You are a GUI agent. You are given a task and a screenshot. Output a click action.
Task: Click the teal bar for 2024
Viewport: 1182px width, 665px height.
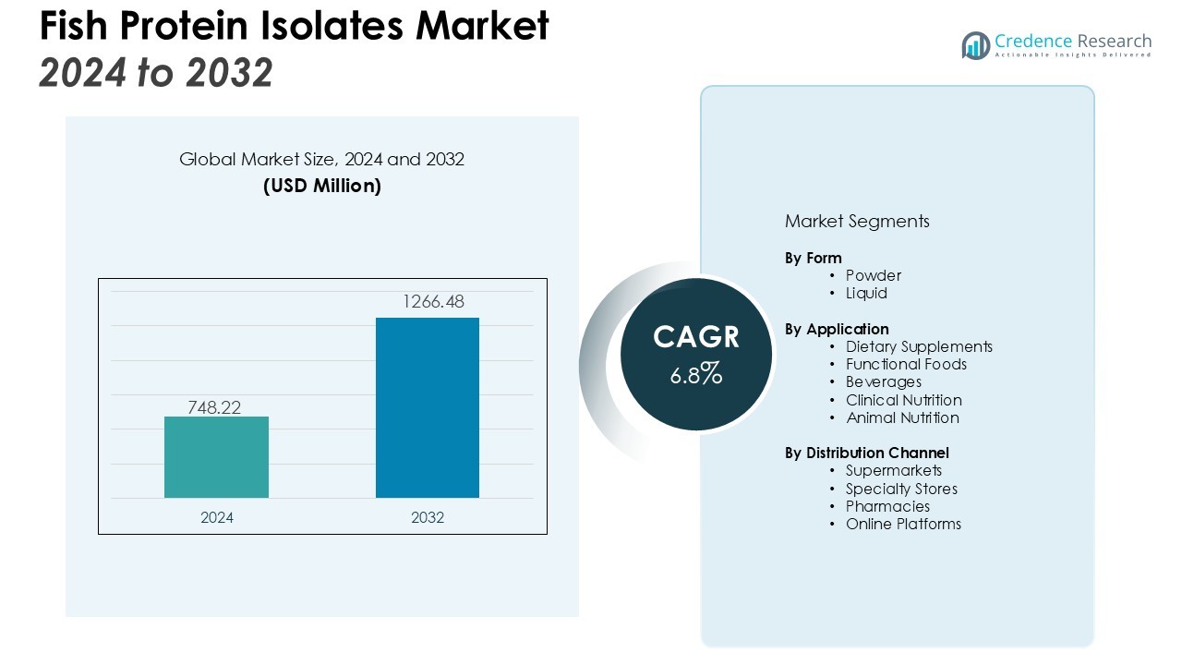pyautogui.click(x=216, y=457)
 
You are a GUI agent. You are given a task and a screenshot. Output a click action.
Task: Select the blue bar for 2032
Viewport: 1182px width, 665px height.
pyautogui.click(x=427, y=407)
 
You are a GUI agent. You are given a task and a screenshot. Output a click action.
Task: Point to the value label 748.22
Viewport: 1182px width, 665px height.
pyautogui.click(x=214, y=407)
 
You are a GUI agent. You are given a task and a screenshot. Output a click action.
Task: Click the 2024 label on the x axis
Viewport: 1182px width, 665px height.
pyautogui.click(x=217, y=518)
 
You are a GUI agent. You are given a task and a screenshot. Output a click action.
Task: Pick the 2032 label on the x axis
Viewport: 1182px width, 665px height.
pyautogui.click(x=428, y=518)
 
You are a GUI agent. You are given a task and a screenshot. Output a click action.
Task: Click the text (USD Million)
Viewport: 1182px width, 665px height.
pyautogui.click(x=321, y=186)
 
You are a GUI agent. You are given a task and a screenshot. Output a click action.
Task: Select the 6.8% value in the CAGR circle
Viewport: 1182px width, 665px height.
pyautogui.click(x=696, y=374)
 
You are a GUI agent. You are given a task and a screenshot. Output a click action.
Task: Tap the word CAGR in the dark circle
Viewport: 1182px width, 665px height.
pyautogui.click(x=696, y=337)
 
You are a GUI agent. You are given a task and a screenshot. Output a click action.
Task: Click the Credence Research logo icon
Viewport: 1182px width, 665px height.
pyautogui.click(x=976, y=45)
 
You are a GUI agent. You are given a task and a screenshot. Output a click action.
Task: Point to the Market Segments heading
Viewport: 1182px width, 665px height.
pyautogui.click(x=857, y=222)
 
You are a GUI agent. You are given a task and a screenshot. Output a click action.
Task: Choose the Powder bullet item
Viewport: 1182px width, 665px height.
pyautogui.click(x=873, y=275)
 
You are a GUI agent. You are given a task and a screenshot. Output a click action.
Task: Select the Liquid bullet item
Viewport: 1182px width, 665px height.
pyautogui.click(x=866, y=293)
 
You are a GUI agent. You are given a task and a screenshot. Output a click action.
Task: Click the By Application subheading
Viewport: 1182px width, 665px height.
pyautogui.click(x=837, y=329)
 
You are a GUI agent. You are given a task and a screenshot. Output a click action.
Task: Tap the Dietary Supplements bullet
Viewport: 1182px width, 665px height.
pyautogui.click(x=919, y=346)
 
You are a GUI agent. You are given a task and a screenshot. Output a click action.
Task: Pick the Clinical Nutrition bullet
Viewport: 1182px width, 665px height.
pyautogui.click(x=903, y=400)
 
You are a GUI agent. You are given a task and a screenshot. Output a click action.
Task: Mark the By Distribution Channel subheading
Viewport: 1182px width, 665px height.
pyautogui.click(x=866, y=453)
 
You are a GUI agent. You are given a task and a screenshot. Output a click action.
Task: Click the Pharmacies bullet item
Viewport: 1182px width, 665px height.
pyautogui.click(x=887, y=506)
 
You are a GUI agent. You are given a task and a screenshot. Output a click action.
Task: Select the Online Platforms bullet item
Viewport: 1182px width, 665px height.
pyautogui.click(x=903, y=524)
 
